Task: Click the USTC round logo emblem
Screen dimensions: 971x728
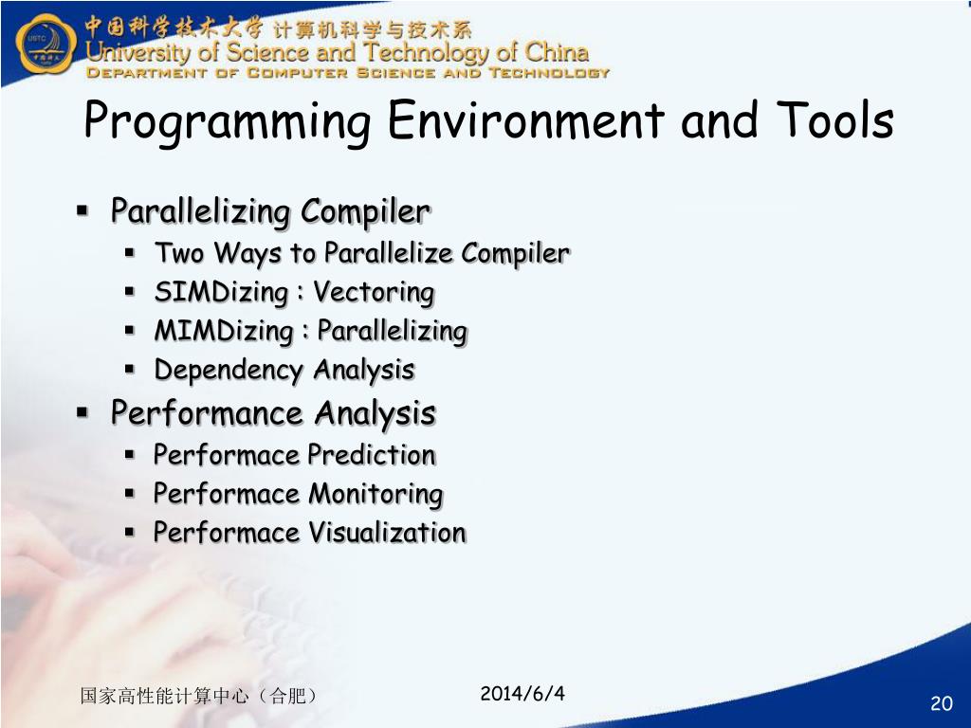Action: (46, 44)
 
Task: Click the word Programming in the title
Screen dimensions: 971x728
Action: (228, 121)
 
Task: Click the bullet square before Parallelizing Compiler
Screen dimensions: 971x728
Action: (82, 211)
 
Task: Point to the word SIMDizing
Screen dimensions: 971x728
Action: (221, 292)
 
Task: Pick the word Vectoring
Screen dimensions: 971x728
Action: (374, 292)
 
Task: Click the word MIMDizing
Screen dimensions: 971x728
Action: (224, 331)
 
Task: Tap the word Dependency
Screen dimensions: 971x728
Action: (229, 371)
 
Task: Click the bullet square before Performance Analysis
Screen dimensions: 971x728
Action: (82, 412)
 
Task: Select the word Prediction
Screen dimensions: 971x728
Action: (372, 455)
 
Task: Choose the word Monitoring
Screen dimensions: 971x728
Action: (376, 495)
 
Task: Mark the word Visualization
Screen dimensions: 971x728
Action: (387, 533)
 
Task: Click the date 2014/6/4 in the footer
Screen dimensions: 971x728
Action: (522, 693)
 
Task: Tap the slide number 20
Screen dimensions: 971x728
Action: (942, 703)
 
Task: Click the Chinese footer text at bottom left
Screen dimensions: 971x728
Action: (199, 696)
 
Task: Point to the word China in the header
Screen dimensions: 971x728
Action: (557, 52)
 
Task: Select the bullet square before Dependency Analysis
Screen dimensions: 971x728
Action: (129, 370)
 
